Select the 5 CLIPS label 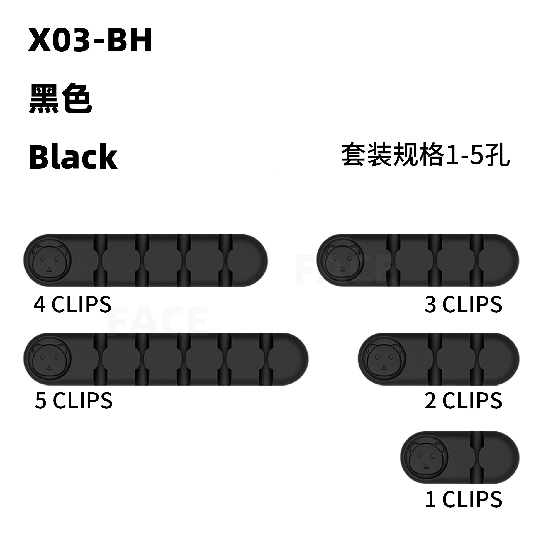[74, 401]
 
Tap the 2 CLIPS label [463, 401]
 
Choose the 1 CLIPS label [463, 500]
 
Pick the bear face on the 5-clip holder [49, 359]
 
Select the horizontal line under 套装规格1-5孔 [393, 174]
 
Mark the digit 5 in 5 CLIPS [41, 401]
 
